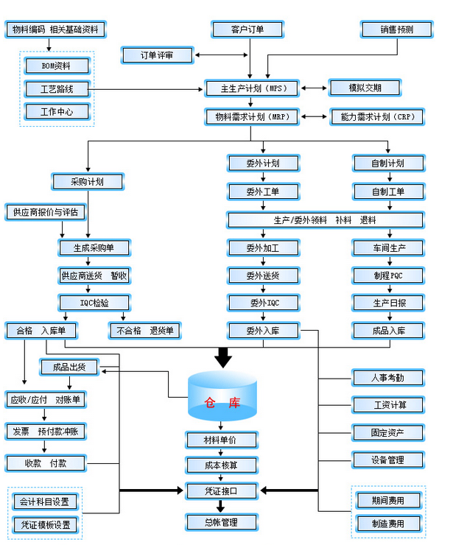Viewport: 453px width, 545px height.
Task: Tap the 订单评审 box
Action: pos(157,55)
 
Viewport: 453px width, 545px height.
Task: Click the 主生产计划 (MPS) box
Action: pos(251,88)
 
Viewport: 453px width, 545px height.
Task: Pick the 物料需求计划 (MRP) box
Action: pos(251,117)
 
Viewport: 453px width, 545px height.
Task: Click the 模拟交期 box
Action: pos(365,88)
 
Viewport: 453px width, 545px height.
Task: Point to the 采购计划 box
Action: pos(87,181)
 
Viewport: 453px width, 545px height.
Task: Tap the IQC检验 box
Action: pos(94,302)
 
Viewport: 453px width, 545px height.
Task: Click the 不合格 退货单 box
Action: pos(145,331)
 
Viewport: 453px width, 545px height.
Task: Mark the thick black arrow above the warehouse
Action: pos(222,358)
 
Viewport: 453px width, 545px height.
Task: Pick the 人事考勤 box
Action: pos(388,378)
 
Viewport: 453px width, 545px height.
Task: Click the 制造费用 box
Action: pos(388,524)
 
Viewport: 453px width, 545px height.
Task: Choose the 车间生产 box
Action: pos(388,247)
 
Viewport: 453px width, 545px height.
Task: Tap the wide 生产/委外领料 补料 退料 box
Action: pos(325,219)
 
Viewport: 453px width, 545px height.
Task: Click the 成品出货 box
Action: pos(69,367)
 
